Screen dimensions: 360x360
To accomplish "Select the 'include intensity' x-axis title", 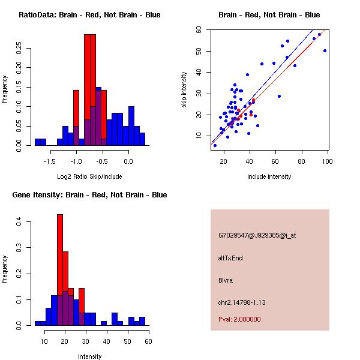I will coord(269,176).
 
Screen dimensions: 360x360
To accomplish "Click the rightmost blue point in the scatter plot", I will coord(325,51).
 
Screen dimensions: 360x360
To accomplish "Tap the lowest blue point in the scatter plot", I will coord(215,145).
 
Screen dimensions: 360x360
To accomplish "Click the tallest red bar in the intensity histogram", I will coord(60,270).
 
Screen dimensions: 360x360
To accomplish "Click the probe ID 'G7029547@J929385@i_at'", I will coord(257,235).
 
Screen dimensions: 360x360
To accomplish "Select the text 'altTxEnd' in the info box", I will coord(230,258).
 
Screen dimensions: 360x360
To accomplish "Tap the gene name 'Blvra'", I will coord(225,280).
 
